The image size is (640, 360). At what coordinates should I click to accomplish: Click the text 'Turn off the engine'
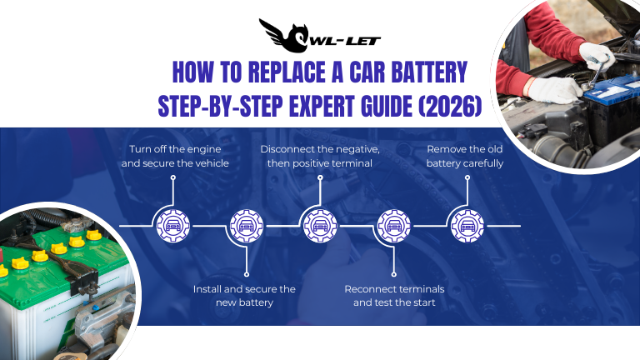174,149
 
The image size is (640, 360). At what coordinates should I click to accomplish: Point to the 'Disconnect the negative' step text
320,149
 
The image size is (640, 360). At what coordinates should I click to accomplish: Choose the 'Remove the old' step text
464,149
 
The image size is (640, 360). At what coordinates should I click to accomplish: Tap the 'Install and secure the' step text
244,288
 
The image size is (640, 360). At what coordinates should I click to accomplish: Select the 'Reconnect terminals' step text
394,288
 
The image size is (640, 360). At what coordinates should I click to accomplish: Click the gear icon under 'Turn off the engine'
172,225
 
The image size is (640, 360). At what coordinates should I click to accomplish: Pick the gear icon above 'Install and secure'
246,225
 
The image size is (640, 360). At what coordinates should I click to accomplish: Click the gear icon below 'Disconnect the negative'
318,225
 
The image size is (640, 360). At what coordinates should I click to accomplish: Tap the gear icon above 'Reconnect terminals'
392,225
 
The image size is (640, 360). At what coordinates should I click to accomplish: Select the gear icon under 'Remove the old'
465,225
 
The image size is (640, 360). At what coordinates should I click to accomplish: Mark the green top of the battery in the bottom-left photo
50,275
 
